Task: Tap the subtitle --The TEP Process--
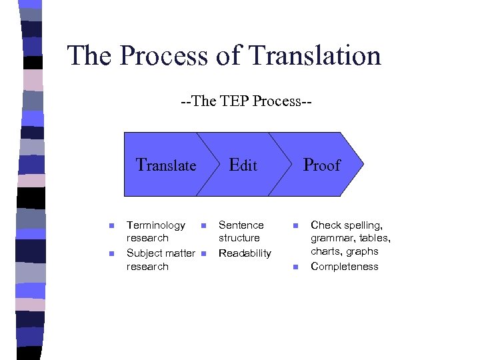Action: [x=247, y=102]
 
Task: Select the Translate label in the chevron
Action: [x=166, y=165]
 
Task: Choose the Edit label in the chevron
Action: [x=243, y=165]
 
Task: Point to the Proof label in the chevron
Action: [x=321, y=165]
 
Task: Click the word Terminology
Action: [x=156, y=225]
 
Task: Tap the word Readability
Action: [x=245, y=253]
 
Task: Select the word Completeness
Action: [x=345, y=267]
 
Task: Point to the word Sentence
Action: [x=241, y=225]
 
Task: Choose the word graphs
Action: [x=363, y=251]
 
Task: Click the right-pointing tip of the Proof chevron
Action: [x=363, y=164]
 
